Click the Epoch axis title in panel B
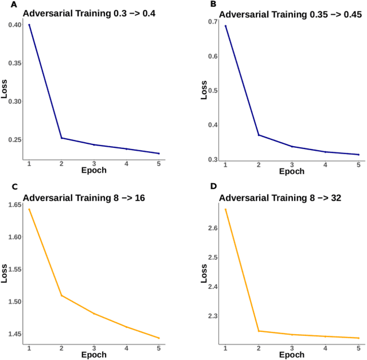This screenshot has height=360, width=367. [292, 171]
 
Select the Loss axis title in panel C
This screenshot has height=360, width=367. [4, 273]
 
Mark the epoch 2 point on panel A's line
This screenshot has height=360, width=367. [61, 138]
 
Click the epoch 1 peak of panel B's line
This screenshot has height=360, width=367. [225, 26]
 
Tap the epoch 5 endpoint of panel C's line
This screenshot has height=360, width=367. [159, 338]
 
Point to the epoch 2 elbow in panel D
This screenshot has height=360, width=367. [259, 331]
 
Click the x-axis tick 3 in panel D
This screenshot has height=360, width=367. [292, 348]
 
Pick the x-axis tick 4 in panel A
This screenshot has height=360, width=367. [126, 164]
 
